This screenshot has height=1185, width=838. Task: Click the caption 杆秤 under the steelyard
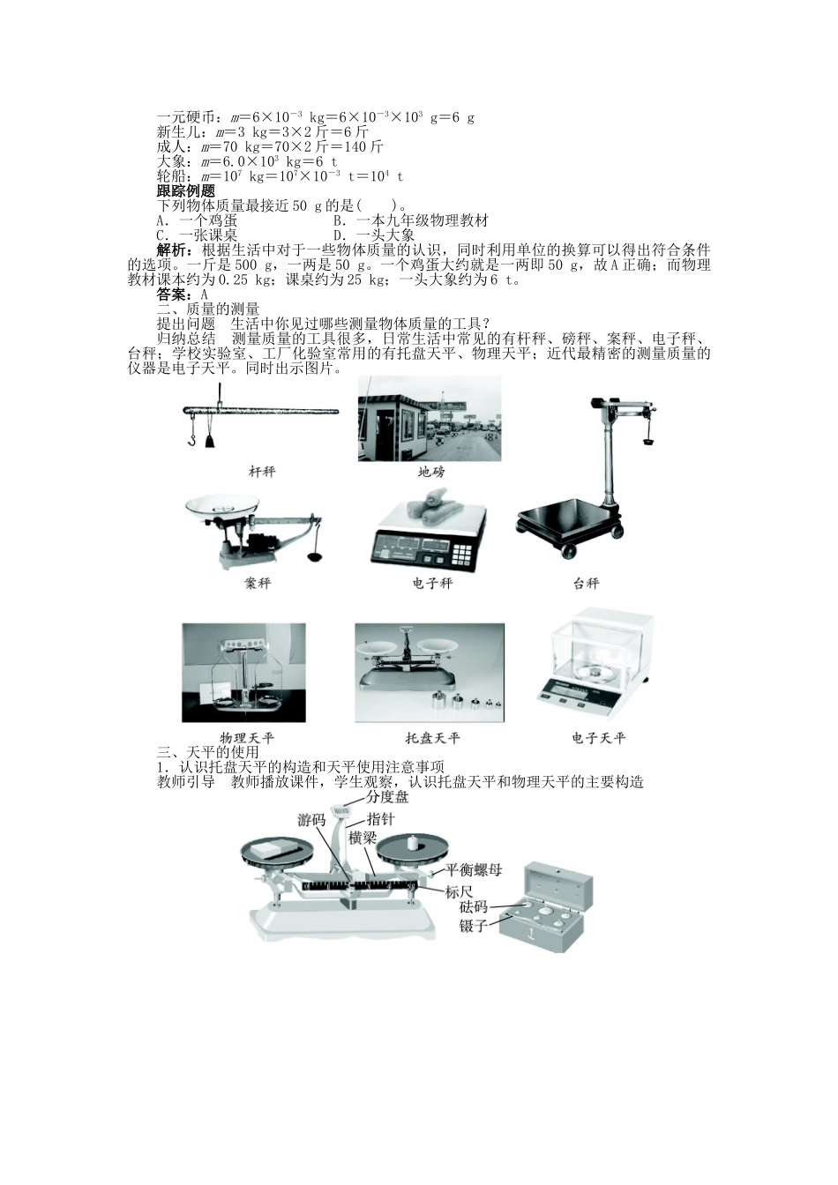tap(262, 472)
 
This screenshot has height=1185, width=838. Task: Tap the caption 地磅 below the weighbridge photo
tap(430, 472)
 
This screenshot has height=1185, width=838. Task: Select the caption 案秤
tap(258, 584)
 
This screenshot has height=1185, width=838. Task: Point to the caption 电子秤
tap(431, 584)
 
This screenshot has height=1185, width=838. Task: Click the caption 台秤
tap(586, 584)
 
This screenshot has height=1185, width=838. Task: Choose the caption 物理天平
tap(247, 738)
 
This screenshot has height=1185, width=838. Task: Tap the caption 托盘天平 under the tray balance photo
tap(432, 738)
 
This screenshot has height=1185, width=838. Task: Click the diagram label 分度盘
tap(387, 797)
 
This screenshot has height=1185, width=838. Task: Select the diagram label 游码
tap(311, 821)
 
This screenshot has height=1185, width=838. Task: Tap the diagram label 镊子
tap(474, 926)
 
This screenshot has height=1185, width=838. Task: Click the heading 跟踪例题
tap(185, 191)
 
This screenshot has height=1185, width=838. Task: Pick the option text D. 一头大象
tap(373, 235)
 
